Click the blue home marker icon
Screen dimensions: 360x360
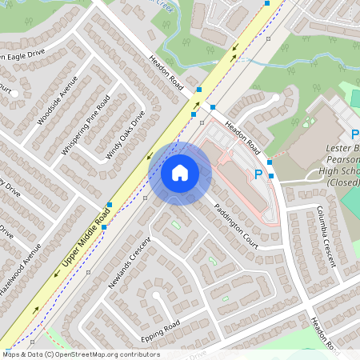(x=180, y=172)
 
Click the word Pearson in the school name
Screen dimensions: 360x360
(x=341, y=159)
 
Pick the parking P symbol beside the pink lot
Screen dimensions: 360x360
(x=258, y=173)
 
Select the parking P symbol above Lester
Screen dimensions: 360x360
(x=355, y=135)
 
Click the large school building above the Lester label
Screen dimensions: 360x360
(x=316, y=128)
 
